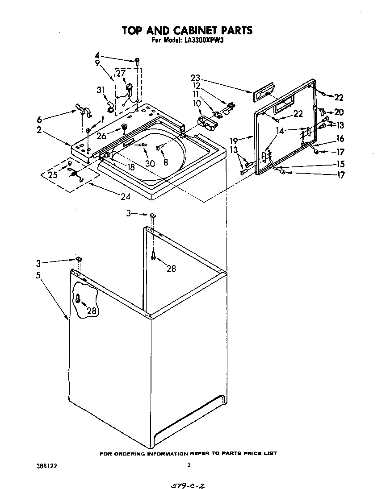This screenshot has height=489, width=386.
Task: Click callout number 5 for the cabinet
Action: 38,275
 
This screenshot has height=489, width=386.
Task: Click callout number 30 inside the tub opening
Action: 150,163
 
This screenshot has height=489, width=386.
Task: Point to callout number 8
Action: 166,163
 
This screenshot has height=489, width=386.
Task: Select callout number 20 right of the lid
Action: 339,112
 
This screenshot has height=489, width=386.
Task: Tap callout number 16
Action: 340,139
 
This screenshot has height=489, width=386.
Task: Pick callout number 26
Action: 102,136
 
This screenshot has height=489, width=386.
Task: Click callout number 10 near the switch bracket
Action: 196,103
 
